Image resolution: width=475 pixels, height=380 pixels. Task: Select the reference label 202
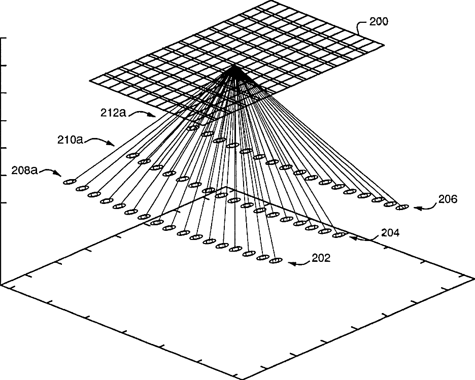click(x=321, y=258)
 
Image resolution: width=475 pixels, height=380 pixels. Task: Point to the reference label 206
click(x=448, y=199)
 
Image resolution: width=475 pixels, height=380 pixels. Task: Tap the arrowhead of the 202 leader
click(x=289, y=263)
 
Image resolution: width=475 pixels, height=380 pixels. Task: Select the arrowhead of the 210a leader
click(x=116, y=146)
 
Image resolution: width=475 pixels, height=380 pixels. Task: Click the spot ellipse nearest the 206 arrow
click(x=402, y=206)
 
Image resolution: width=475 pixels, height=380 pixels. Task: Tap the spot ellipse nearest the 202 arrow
click(x=275, y=260)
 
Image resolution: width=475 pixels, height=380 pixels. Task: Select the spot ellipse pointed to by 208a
click(x=69, y=182)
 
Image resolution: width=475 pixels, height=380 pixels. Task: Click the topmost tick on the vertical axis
click(x=4, y=38)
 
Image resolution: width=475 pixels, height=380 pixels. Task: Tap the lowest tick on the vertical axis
click(x=4, y=203)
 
